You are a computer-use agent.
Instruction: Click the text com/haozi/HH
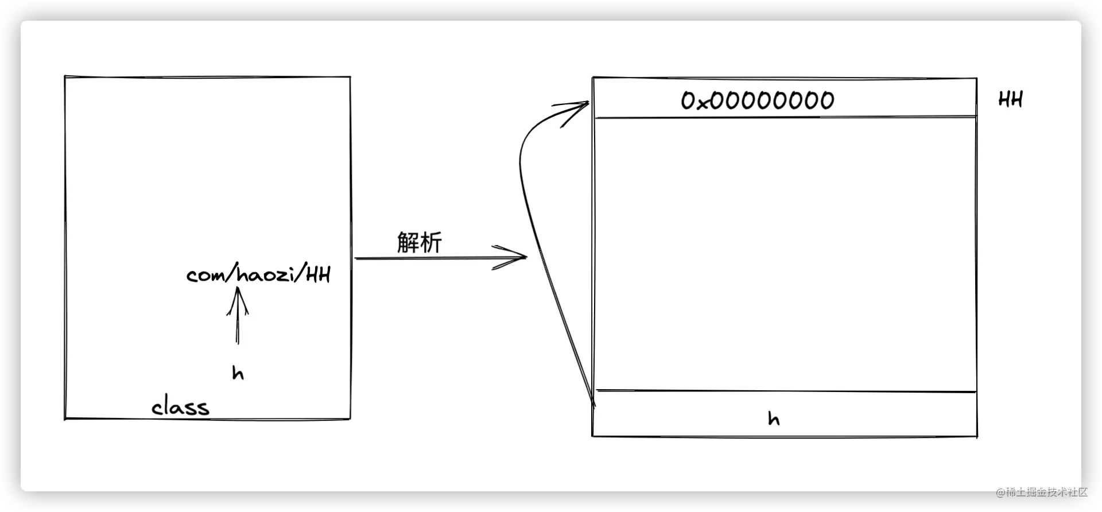pyautogui.click(x=259, y=275)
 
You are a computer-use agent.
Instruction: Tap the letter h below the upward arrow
pyautogui.click(x=238, y=373)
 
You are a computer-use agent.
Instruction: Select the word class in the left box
pyautogui.click(x=180, y=406)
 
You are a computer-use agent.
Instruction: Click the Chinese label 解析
pyautogui.click(x=419, y=242)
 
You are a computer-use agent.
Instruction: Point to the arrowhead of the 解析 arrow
pyautogui.click(x=525, y=257)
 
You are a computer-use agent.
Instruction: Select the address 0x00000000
pyautogui.click(x=758, y=100)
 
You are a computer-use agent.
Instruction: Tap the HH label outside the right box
pyautogui.click(x=1011, y=99)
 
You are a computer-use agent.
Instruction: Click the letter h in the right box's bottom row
pyautogui.click(x=774, y=418)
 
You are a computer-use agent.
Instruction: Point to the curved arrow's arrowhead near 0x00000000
pyautogui.click(x=588, y=103)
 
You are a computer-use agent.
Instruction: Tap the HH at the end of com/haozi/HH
pyautogui.click(x=318, y=275)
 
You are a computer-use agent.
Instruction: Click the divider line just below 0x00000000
pyautogui.click(x=785, y=117)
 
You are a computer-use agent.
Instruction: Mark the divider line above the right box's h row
pyautogui.click(x=786, y=391)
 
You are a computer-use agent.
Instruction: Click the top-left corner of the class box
pyautogui.click(x=65, y=76)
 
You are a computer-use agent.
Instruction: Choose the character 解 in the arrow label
pyautogui.click(x=408, y=242)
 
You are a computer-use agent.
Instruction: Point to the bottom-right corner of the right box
pyautogui.click(x=977, y=437)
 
